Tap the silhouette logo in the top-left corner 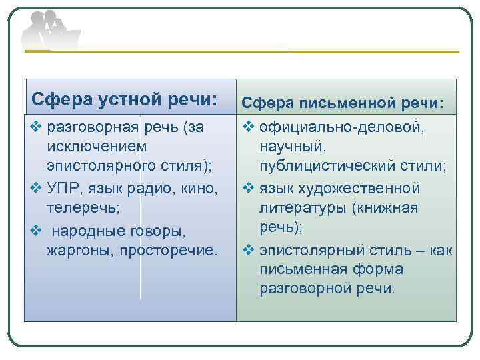(50, 31)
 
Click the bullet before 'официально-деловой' (247, 126)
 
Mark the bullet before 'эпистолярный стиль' (247, 251)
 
